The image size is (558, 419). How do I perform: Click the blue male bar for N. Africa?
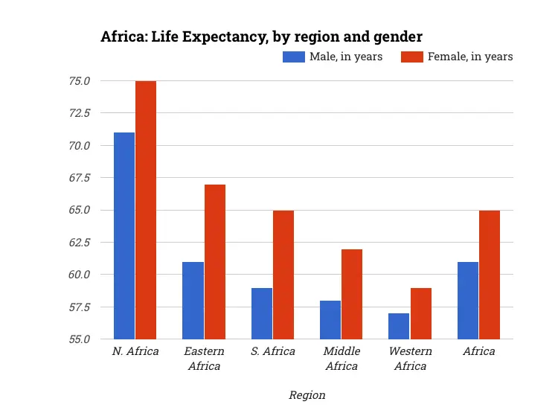click(124, 235)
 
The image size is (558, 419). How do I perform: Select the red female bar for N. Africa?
click(146, 210)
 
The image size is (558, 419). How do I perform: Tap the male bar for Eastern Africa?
click(193, 301)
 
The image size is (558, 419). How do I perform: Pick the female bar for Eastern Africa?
click(215, 262)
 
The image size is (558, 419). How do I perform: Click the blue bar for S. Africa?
click(262, 313)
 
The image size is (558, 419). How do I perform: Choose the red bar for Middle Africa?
click(352, 294)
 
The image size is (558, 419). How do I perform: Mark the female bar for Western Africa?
click(421, 313)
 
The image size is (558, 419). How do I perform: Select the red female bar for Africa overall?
click(490, 275)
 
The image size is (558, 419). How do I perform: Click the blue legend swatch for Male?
click(294, 57)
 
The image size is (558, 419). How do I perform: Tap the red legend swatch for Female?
click(412, 57)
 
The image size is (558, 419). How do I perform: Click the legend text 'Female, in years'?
click(470, 57)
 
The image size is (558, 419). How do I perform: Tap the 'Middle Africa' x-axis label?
click(342, 358)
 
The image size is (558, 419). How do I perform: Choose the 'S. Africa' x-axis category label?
click(272, 351)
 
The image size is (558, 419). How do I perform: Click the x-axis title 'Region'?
click(307, 395)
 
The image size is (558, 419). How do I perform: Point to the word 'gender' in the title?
click(396, 36)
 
